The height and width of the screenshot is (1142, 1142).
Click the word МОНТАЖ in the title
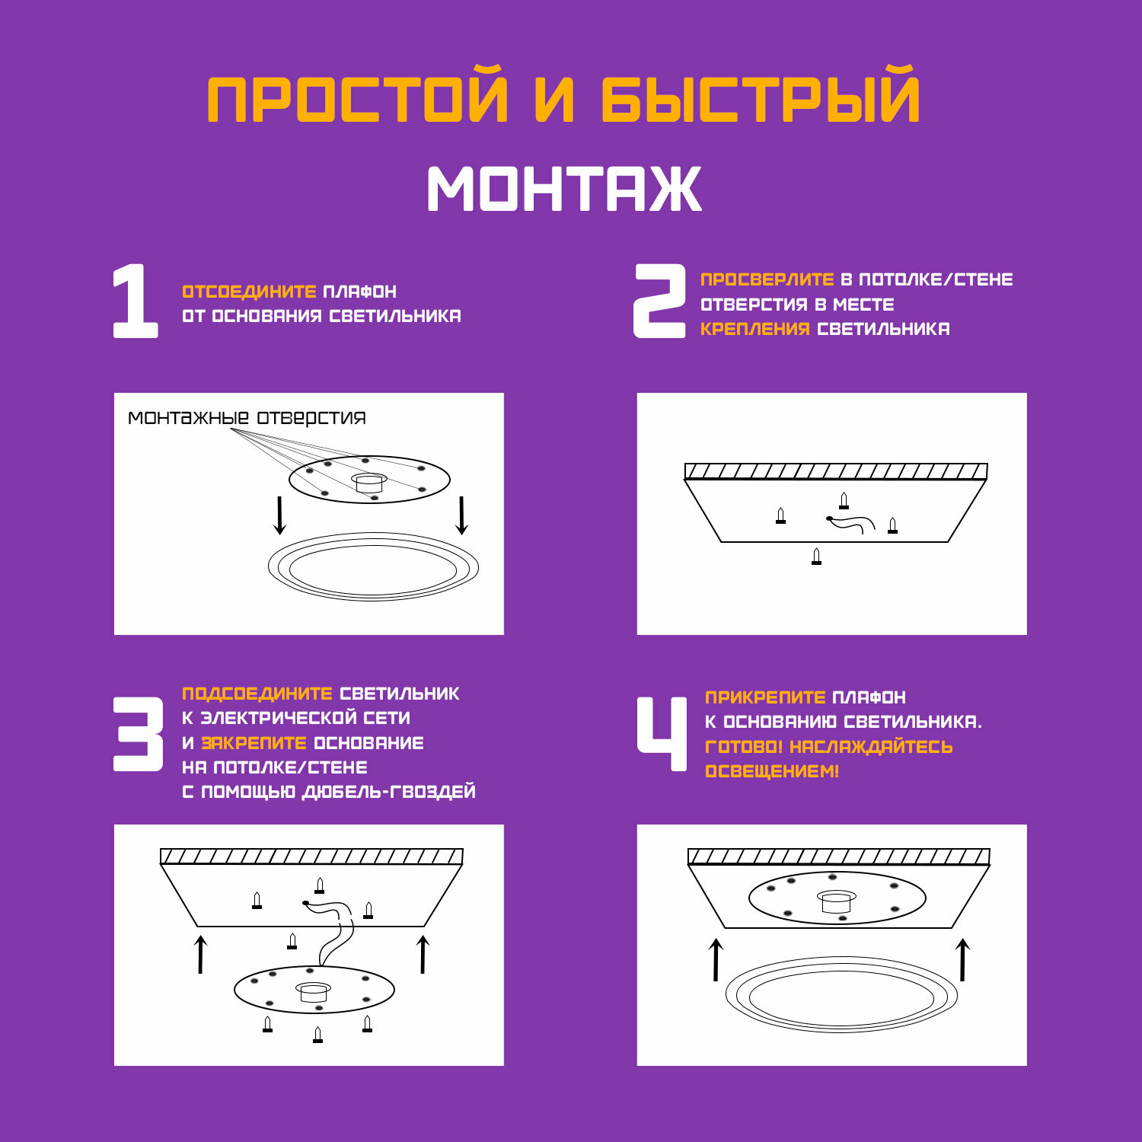coord(564,188)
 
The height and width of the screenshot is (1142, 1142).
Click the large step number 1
coord(136,301)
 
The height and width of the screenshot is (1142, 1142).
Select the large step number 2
coord(659,301)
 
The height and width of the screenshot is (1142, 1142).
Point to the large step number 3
coord(139,734)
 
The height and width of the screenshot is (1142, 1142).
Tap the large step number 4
coord(662,734)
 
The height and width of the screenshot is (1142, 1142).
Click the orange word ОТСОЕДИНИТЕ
coord(249,292)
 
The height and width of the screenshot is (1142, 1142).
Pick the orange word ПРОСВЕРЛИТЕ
coord(767,279)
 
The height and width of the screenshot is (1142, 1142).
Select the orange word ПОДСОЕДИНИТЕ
coord(257,694)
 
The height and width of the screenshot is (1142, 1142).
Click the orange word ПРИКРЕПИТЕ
coord(765,697)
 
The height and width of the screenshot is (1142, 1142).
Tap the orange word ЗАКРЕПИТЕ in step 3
coord(254,743)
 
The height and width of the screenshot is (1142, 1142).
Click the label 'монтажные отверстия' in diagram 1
coord(247,417)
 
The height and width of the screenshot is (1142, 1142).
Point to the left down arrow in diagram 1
coord(279,515)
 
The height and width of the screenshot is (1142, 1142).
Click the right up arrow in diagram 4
coord(962,959)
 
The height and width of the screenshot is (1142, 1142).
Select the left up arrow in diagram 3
coord(200,955)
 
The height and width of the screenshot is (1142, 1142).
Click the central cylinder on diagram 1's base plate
coord(370,483)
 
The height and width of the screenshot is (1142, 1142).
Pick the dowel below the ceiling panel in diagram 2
coord(817,557)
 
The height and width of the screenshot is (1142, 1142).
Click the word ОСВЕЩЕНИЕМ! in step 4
coord(772,771)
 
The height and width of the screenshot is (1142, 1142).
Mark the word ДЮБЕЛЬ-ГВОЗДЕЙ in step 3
coord(389,792)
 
